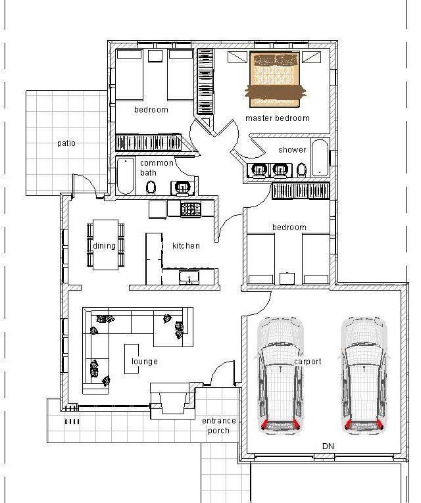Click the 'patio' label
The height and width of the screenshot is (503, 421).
pos(66,143)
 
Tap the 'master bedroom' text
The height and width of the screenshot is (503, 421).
pos(278,118)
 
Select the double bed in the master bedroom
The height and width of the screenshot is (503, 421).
pos(275,80)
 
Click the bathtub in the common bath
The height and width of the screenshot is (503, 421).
pos(126,176)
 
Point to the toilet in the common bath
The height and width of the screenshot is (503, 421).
pos(151,188)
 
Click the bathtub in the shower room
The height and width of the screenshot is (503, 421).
pos(320,158)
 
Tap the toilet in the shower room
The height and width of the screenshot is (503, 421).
pos(301,170)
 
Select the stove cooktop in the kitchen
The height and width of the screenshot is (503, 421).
pos(191,209)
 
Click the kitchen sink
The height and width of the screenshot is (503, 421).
pos(189,277)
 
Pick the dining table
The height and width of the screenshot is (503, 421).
pos(105,245)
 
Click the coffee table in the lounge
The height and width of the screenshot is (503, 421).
pos(132,359)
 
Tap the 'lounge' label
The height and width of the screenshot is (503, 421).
pos(145,362)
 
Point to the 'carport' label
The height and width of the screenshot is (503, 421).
pos(308,362)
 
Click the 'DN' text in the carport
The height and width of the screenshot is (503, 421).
pos(328,446)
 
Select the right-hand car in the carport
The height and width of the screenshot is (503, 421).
pos(364,375)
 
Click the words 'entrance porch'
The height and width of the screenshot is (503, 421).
pos(219,425)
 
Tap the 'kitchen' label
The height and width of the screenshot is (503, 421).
pos(186,246)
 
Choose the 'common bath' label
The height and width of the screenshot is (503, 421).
pos(157,168)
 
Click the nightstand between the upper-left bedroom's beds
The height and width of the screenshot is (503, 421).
pos(155,55)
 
